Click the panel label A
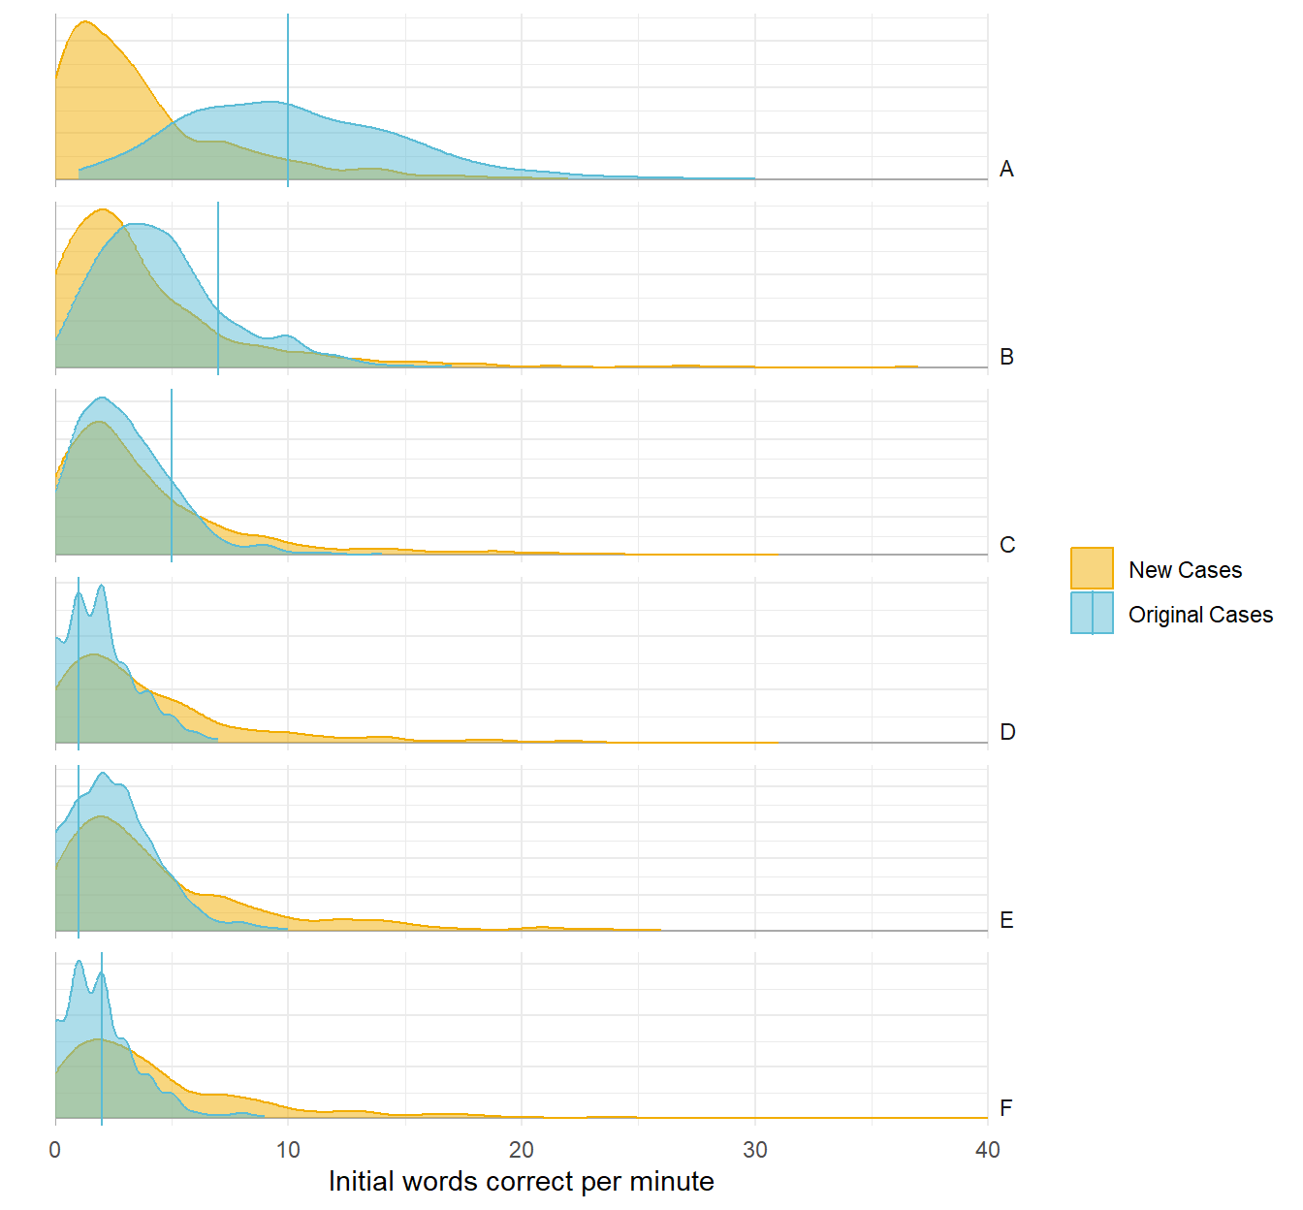1006,170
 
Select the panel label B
1006,357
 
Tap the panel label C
1007,545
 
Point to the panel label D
1007,732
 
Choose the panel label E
1006,920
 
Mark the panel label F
1006,1108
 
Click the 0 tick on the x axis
55,1150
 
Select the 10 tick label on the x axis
288,1150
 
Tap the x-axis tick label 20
522,1150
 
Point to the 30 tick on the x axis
754,1150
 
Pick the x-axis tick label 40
987,1150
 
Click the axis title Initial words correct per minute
522,1182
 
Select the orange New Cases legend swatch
1092,568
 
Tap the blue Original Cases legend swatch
1092,613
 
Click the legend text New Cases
1185,570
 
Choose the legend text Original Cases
1200,615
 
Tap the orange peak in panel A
84,23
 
